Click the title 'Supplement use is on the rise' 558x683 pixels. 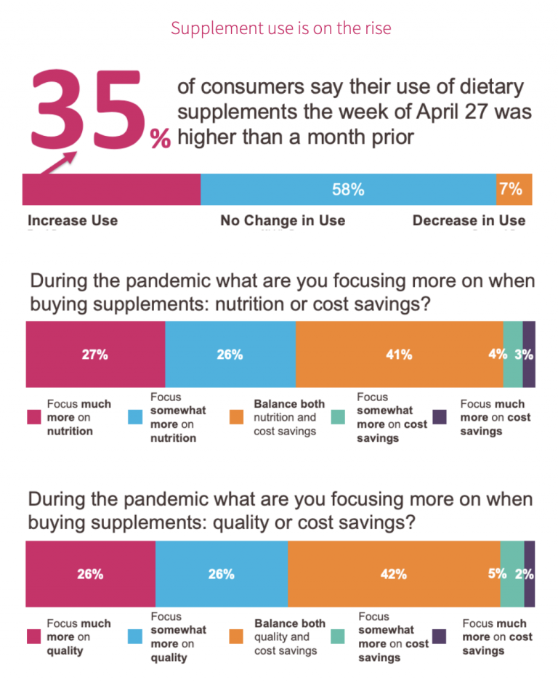pos(280,28)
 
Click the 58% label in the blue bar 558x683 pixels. pos(348,190)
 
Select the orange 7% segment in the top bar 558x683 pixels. pos(514,190)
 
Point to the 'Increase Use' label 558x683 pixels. pos(73,220)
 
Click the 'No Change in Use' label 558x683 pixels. pos(283,220)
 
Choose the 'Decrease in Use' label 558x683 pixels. pos(469,220)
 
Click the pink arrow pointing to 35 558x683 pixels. pos(57,164)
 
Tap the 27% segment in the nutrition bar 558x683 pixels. pos(95,355)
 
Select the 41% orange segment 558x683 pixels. pos(399,355)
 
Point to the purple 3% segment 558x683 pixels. pos(529,355)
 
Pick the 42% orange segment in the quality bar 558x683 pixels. pos(393,574)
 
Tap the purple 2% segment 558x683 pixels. pos(530,574)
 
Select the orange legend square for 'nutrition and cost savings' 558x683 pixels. pos(236,418)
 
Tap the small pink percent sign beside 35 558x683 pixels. pos(160,140)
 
